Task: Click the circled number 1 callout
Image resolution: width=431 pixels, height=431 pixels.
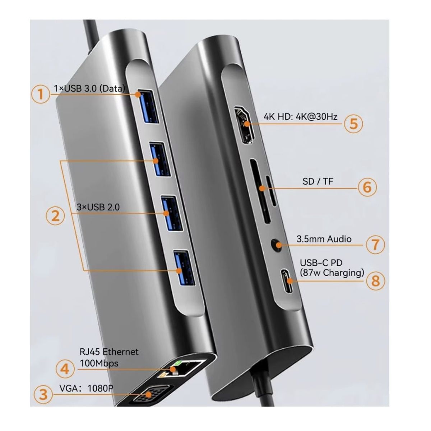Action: tap(40, 94)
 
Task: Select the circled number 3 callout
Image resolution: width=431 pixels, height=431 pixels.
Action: tap(43, 394)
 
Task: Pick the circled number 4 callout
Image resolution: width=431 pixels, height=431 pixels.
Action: tap(65, 369)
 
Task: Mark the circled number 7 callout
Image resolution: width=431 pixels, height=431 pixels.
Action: tap(375, 245)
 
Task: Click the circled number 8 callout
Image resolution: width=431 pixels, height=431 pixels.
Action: tap(375, 280)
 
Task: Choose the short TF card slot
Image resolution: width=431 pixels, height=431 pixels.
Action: tap(272, 191)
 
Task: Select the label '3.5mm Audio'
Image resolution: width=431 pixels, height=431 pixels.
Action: tap(324, 239)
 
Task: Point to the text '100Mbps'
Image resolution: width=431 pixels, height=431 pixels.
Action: tap(99, 363)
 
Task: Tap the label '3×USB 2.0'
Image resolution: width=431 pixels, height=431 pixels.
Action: tap(98, 207)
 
